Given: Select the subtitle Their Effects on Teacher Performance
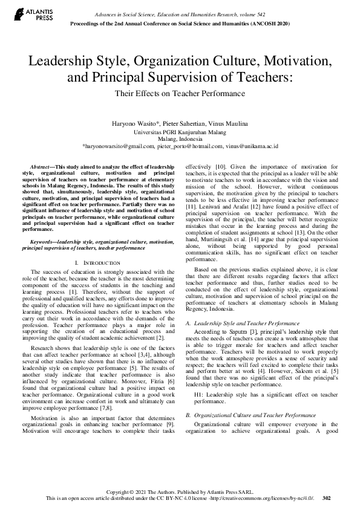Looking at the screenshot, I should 180,93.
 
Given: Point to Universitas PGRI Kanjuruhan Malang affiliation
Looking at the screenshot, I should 180,131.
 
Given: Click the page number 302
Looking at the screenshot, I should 327,498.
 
